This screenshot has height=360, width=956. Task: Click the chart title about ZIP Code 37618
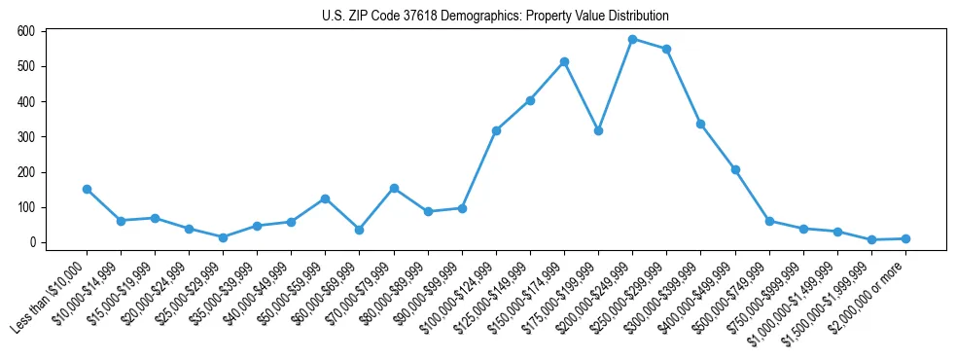click(495, 17)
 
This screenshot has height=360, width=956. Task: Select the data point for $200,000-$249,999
click(632, 40)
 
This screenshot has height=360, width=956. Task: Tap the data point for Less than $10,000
click(87, 189)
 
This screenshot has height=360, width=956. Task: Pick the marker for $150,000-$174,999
click(564, 62)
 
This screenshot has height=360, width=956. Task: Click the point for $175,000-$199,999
click(598, 130)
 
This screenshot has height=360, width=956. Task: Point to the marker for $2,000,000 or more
click(905, 238)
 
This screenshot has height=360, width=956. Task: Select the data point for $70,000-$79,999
click(394, 188)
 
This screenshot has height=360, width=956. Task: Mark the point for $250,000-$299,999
click(666, 49)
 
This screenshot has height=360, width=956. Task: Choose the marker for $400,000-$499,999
click(735, 169)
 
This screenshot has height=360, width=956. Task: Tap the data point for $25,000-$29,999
click(223, 237)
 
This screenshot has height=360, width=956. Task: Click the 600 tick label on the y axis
click(26, 31)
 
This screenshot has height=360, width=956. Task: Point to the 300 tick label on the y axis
click(26, 137)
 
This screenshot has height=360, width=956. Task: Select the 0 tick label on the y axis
click(32, 242)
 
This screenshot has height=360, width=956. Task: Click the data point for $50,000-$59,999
click(325, 198)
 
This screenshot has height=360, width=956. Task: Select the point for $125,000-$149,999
click(530, 100)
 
